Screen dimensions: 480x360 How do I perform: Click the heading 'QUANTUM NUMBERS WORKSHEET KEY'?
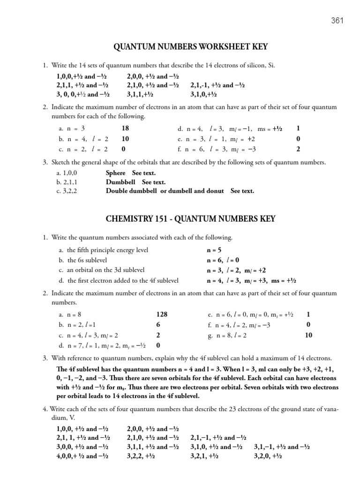coord(190,47)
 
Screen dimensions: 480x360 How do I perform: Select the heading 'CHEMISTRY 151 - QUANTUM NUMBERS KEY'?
coord(191,219)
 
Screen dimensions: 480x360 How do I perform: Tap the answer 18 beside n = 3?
coord(125,128)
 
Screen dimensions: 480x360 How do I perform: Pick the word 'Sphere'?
coord(115,173)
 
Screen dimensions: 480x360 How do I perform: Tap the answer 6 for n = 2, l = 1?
coord(158,325)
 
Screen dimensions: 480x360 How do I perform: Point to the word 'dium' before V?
coord(59,417)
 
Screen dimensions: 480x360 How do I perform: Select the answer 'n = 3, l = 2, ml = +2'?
coord(237,270)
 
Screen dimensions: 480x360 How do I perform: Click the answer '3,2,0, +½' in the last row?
coord(268,455)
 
